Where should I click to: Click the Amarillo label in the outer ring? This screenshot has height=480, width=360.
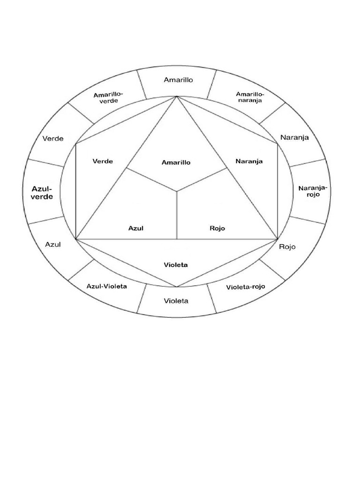pos(178,80)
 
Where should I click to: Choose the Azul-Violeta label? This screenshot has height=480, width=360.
pos(107,286)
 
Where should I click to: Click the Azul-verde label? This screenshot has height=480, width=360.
pos(42,193)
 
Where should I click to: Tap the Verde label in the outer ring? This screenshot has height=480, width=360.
pos(52,138)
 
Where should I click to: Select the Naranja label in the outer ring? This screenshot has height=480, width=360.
pos(295,137)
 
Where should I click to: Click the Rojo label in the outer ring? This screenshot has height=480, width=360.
pos(287,247)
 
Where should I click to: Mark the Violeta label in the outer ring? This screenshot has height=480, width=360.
pos(176,300)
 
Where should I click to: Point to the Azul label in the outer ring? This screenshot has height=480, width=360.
pos(53,244)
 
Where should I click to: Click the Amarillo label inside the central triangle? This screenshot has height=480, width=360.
pos(176,163)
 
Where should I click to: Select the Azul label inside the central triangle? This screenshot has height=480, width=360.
pos(135,228)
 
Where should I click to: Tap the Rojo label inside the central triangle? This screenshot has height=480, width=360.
pos(217,228)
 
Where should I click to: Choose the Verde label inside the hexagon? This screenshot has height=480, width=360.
pos(103,161)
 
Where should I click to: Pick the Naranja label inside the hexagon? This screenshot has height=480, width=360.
pos(249,161)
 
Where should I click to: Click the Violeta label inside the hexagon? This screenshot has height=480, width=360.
pos(176,265)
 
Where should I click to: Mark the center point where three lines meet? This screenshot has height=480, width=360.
pos(177,191)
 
